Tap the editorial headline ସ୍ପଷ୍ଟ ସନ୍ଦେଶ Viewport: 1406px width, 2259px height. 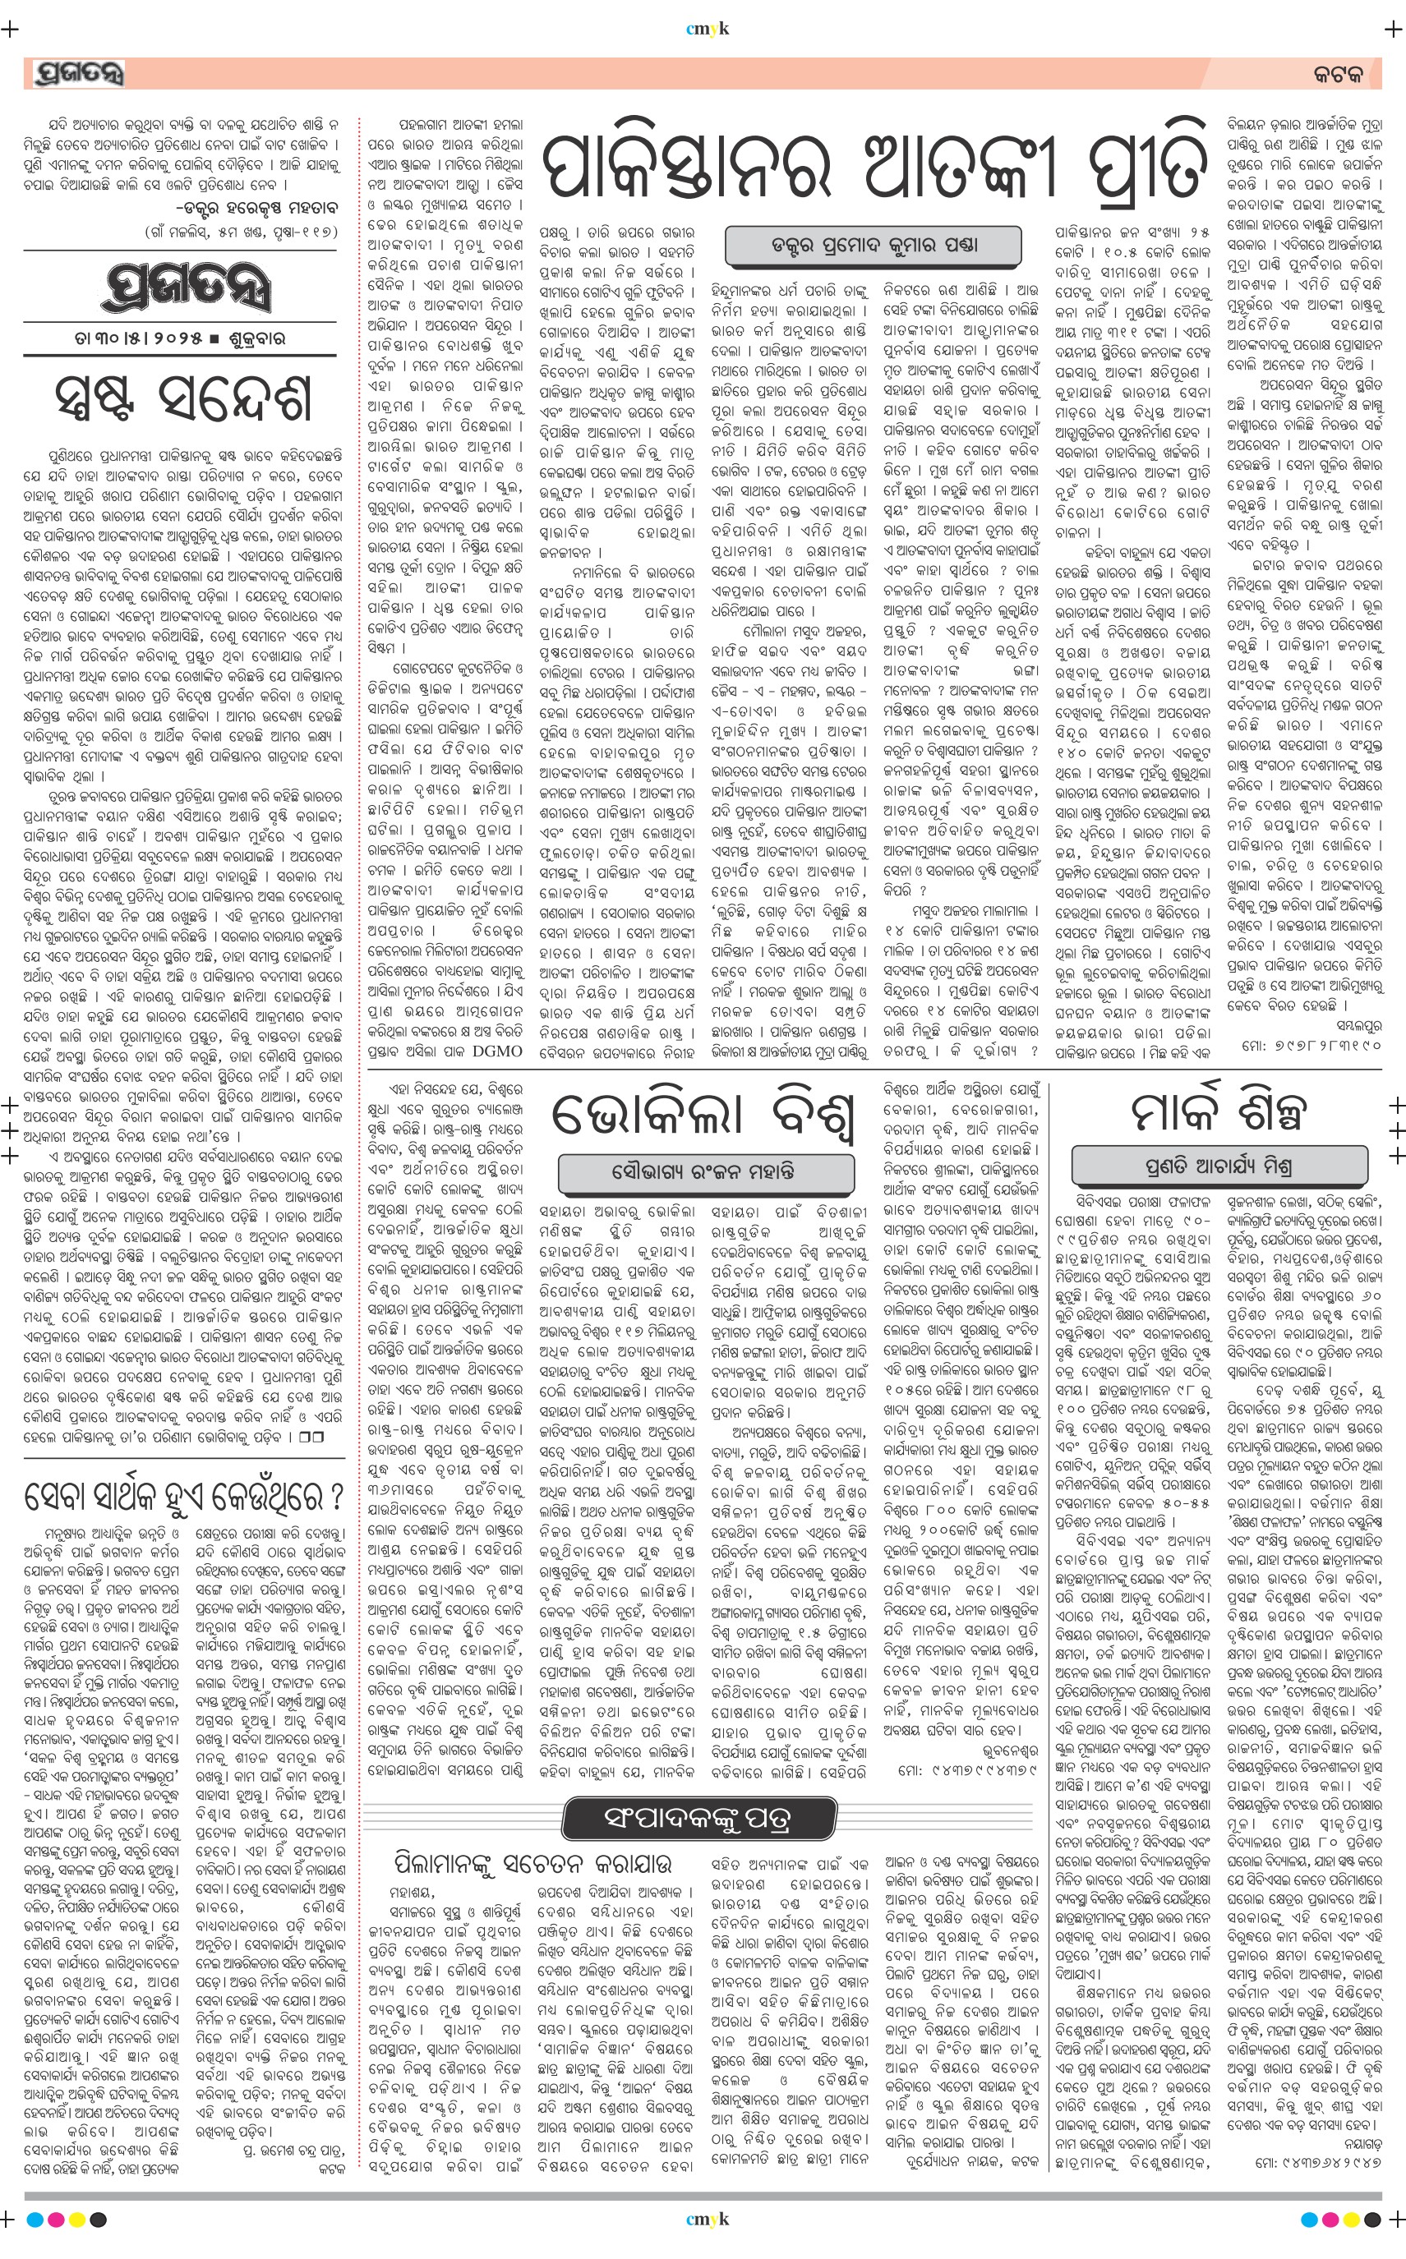click(183, 398)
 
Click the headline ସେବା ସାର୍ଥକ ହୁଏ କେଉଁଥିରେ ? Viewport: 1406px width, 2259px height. click(184, 1497)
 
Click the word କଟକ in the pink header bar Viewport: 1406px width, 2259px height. click(1338, 75)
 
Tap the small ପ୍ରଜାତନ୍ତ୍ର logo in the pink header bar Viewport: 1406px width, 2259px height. click(78, 73)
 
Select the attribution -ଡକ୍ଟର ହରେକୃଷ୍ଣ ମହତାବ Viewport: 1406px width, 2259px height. click(256, 206)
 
